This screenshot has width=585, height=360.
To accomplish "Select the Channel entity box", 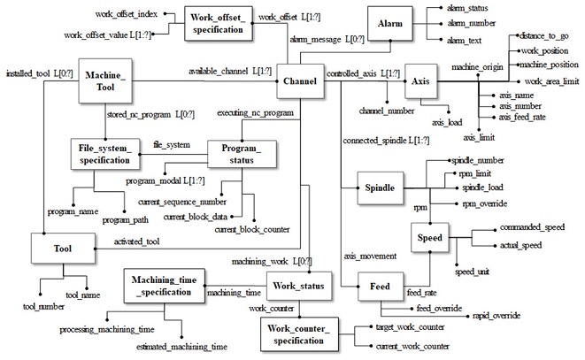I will pyautogui.click(x=299, y=82).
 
